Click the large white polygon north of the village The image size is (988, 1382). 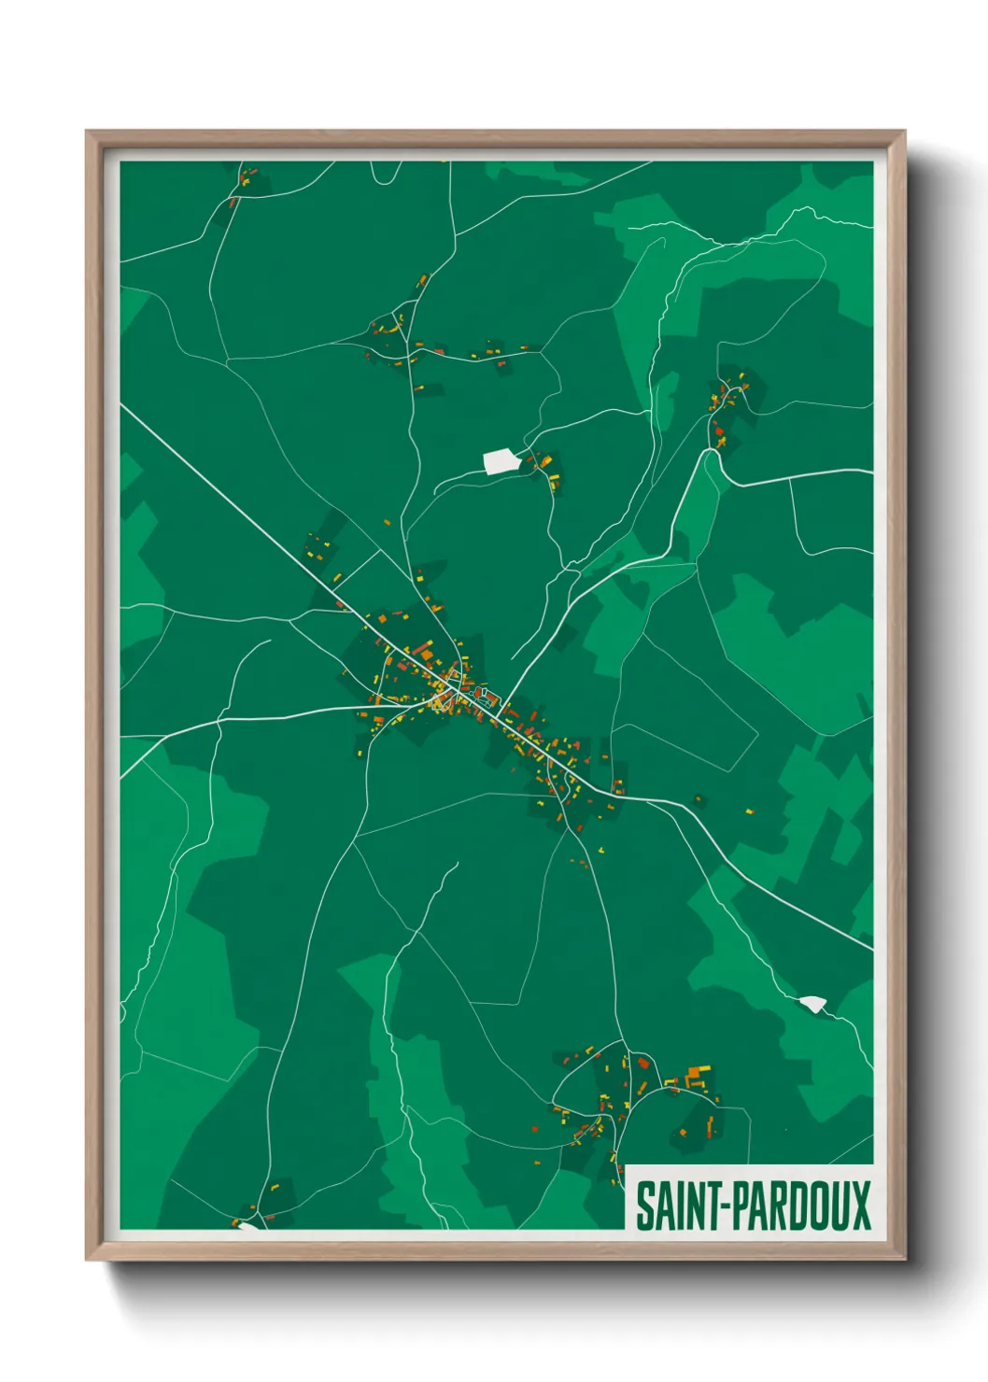[x=501, y=460]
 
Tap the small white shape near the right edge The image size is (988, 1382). [x=813, y=1004]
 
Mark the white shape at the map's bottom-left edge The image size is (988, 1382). [x=248, y=1225]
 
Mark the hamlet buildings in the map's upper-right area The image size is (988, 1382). [x=727, y=402]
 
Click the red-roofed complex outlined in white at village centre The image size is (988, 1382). [x=485, y=694]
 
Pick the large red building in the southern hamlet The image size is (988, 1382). [x=642, y=1062]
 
